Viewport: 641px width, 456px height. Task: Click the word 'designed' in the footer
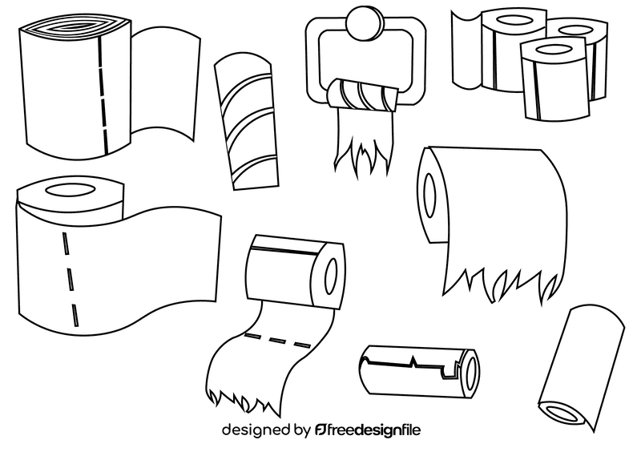pyautogui.click(x=255, y=430)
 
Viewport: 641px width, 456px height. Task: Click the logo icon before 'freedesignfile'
pyautogui.click(x=322, y=430)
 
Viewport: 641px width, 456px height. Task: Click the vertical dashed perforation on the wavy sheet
pyautogui.click(x=70, y=272)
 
